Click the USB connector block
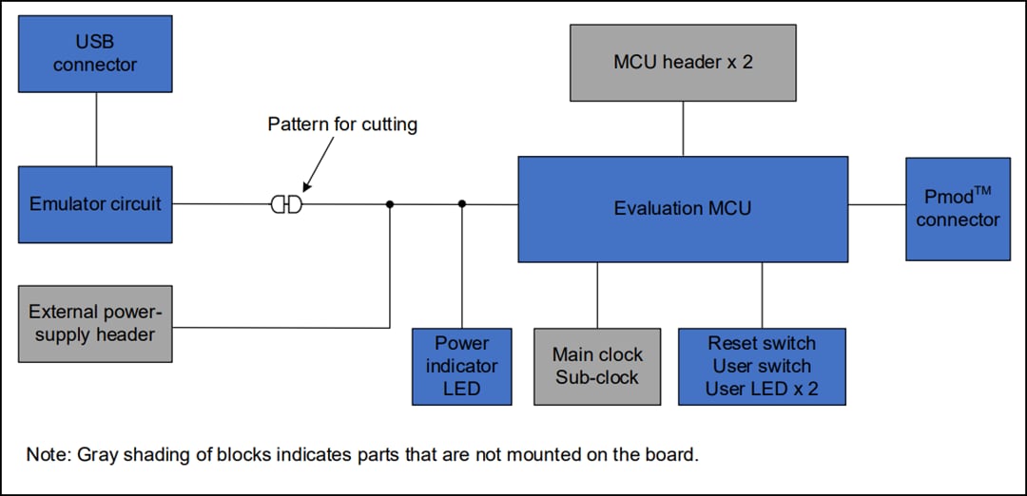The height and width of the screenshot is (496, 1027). click(x=95, y=53)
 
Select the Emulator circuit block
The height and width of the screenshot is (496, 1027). click(x=95, y=204)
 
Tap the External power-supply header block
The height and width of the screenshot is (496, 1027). click(x=95, y=323)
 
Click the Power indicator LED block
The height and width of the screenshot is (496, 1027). click(x=461, y=366)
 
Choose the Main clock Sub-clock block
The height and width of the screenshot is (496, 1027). click(x=597, y=366)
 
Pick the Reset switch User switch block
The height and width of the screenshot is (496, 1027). click(x=762, y=366)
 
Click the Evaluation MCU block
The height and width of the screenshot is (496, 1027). click(x=682, y=209)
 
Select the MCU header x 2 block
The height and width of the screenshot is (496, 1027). click(x=683, y=63)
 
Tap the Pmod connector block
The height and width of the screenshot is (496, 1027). click(x=958, y=209)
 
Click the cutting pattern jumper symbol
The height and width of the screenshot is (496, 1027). click(x=286, y=204)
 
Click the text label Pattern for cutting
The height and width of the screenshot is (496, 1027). click(x=342, y=124)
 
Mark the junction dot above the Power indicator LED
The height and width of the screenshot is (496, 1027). click(x=462, y=203)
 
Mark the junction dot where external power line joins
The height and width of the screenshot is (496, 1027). click(x=390, y=203)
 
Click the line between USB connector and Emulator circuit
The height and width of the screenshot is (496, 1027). click(x=96, y=129)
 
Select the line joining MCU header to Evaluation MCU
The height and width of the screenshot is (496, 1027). click(x=683, y=128)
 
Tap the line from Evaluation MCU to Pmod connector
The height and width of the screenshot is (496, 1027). click(x=877, y=204)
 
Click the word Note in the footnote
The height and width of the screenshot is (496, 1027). click(x=44, y=454)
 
